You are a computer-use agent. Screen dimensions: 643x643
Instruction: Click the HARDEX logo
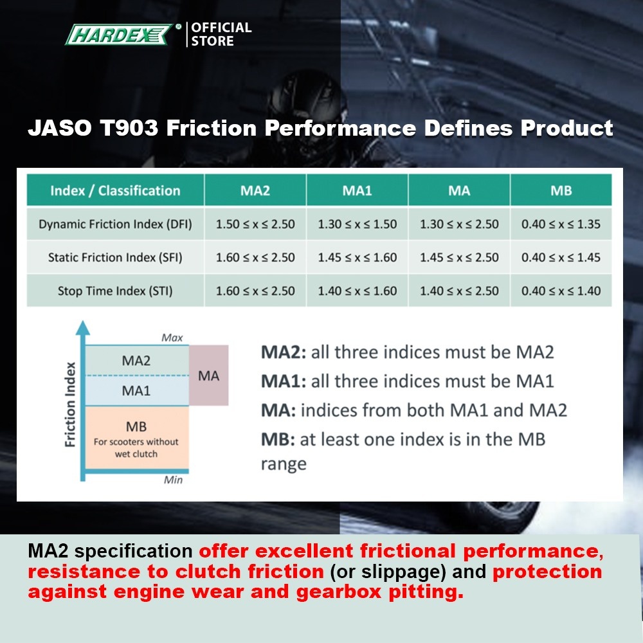(x=120, y=35)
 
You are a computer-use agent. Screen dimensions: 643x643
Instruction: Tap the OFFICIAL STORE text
(x=221, y=34)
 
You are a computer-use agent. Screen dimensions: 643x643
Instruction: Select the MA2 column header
(x=255, y=190)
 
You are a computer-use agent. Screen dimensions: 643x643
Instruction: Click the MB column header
(x=561, y=190)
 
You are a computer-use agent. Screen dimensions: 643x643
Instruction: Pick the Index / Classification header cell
(x=115, y=190)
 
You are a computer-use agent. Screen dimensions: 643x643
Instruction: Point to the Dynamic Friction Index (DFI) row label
(x=115, y=224)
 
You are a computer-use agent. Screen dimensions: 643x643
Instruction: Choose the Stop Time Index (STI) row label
(x=115, y=291)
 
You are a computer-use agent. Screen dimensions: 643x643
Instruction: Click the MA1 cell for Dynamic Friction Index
(x=357, y=224)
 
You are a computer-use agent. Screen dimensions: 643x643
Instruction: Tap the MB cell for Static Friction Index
(x=561, y=257)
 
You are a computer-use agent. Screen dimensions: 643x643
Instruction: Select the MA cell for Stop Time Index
(x=459, y=291)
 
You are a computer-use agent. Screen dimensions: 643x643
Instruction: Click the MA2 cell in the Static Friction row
(x=255, y=257)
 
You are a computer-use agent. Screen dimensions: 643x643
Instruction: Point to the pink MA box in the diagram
(x=209, y=376)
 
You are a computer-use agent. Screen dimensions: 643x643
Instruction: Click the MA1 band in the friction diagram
(x=136, y=390)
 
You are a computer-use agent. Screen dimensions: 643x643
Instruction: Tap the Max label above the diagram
(x=172, y=338)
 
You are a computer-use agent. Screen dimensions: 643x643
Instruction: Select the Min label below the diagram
(x=173, y=480)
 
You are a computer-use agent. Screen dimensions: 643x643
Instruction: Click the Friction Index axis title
(x=71, y=404)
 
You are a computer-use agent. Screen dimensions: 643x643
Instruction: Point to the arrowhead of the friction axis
(x=83, y=328)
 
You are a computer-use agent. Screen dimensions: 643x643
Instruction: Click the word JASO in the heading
(x=60, y=128)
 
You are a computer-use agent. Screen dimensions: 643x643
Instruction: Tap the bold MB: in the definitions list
(x=278, y=439)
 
